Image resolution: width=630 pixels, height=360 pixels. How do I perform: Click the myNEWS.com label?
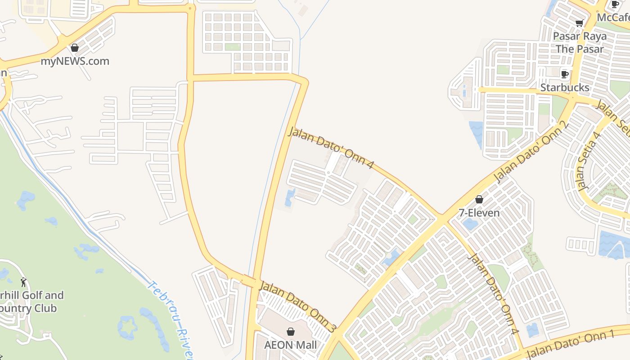[x=75, y=61]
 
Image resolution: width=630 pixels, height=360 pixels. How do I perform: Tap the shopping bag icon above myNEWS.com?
[x=75, y=48]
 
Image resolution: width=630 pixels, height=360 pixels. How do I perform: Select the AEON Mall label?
[x=290, y=345]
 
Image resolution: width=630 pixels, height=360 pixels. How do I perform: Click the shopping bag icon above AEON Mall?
[x=291, y=332]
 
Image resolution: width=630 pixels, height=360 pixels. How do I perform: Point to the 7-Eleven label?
[x=479, y=212]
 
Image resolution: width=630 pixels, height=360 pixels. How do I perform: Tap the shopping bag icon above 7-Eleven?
[x=479, y=199]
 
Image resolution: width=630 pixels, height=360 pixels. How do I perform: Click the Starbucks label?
[x=565, y=87]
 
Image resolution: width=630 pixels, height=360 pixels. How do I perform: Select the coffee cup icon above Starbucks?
[x=565, y=74]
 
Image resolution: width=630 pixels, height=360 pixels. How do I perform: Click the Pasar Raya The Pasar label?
[x=580, y=42]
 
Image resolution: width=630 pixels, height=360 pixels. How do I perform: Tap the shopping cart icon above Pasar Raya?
[x=580, y=23]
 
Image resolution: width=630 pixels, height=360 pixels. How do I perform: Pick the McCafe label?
[x=613, y=17]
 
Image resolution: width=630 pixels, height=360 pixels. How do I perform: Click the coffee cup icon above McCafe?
[x=615, y=4]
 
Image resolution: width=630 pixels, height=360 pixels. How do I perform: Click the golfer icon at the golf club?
[x=23, y=283]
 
